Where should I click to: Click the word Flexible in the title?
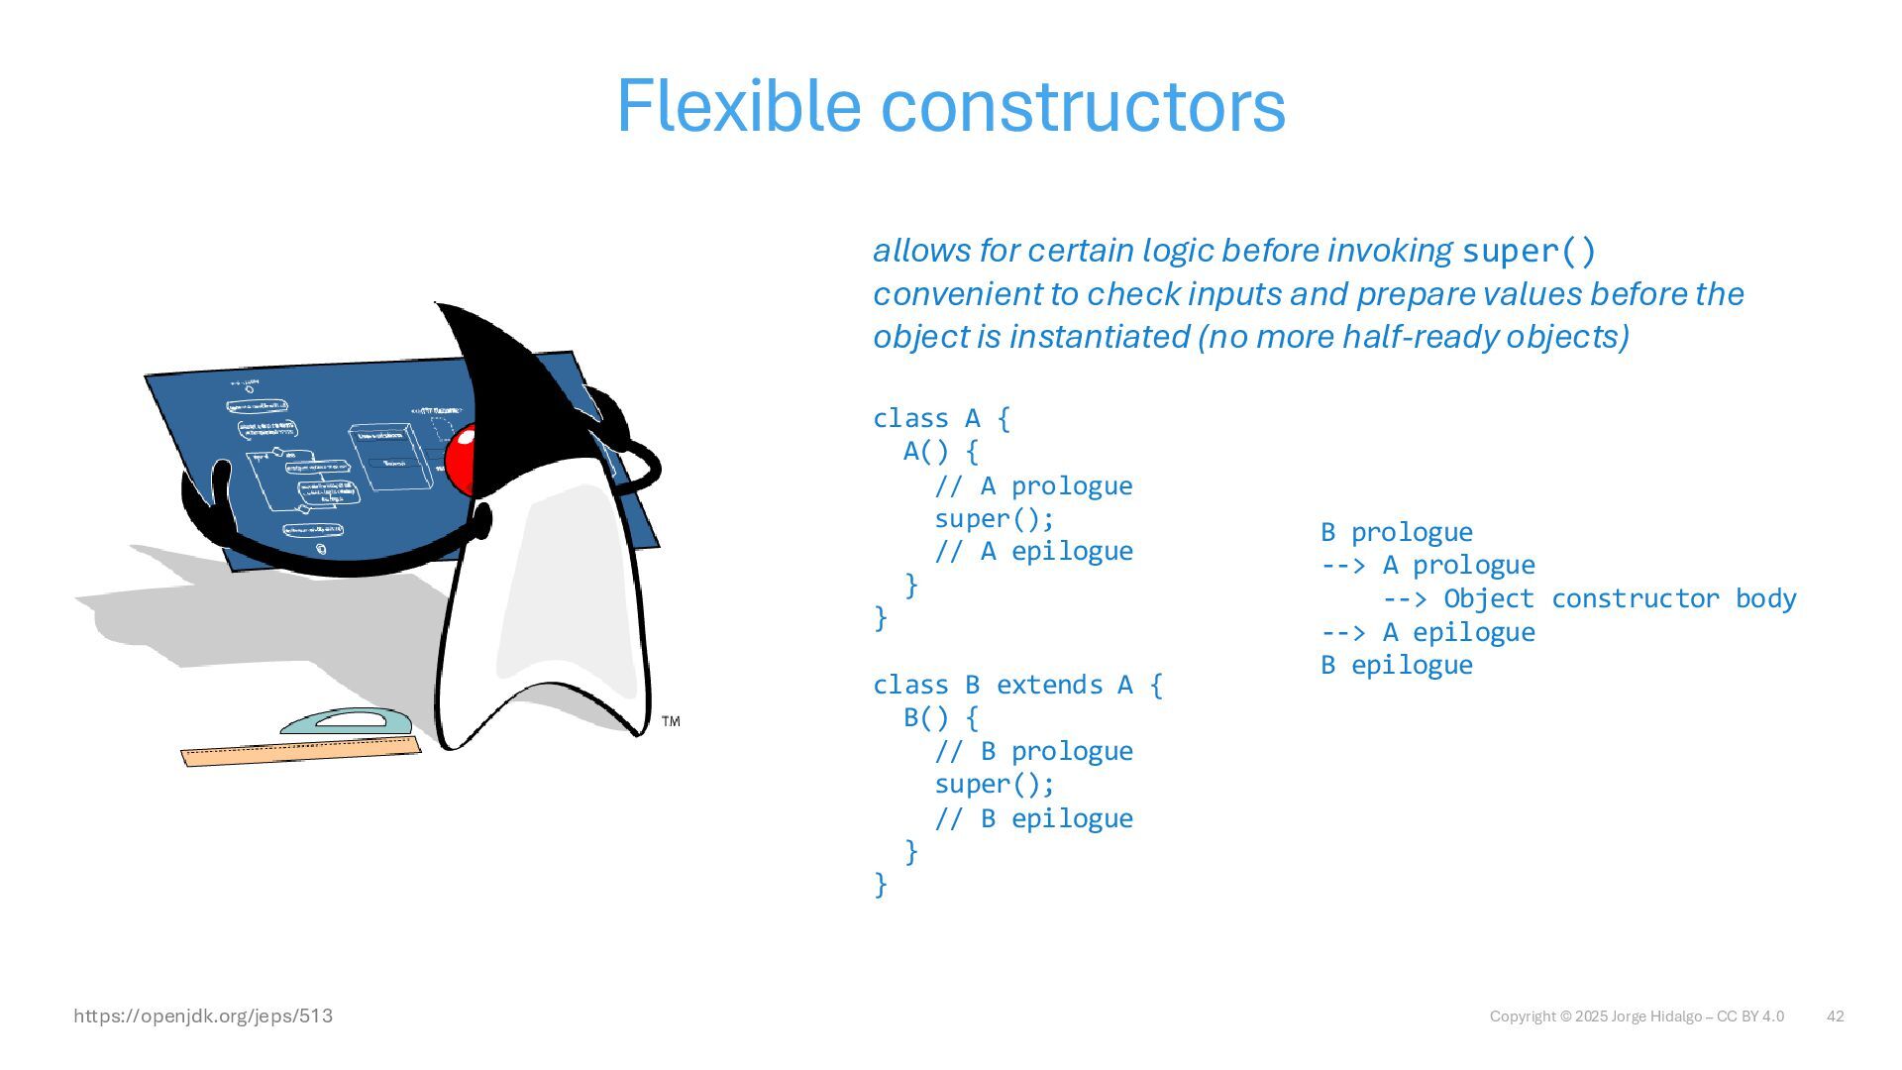(738, 105)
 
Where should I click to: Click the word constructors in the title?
(1083, 107)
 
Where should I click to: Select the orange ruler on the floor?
(300, 752)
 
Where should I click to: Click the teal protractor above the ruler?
(346, 721)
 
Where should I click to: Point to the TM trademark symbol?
(671, 721)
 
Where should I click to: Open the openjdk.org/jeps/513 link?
(203, 1016)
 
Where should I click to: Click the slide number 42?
(1835, 1016)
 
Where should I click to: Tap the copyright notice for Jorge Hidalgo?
(1637, 1016)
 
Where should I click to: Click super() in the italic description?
(1529, 251)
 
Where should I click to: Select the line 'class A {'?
(941, 419)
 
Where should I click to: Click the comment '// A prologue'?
(1033, 486)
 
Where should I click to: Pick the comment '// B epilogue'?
(1033, 818)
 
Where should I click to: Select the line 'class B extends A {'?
(1017, 685)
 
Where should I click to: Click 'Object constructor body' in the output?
(1619, 598)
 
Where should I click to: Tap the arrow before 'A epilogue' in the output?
(1343, 632)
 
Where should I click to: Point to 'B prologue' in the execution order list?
(1397, 532)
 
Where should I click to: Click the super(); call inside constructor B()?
(994, 785)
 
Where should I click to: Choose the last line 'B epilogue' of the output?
(1397, 665)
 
